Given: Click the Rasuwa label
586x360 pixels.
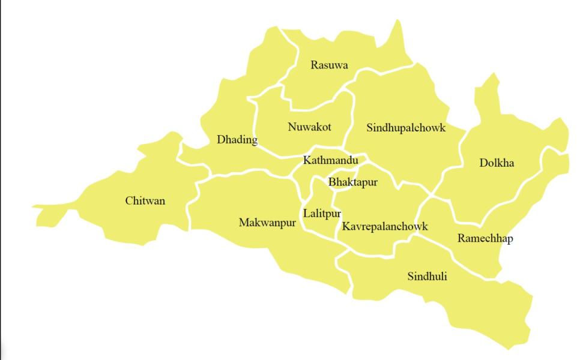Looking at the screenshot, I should [x=329, y=65].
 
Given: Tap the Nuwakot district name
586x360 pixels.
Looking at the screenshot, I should [x=309, y=127].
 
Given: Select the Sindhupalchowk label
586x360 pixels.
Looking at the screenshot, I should [x=406, y=128].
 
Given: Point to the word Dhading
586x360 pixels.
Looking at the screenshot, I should [x=237, y=140].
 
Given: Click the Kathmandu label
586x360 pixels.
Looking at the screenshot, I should [x=330, y=160].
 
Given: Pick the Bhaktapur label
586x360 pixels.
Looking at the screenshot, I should [x=353, y=182].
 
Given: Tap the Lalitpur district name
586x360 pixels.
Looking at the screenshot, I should [x=322, y=214].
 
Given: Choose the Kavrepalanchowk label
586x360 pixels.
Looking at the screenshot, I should [x=385, y=226].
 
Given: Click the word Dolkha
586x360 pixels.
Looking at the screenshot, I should [x=497, y=163].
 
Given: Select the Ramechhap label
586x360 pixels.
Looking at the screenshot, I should [x=485, y=238].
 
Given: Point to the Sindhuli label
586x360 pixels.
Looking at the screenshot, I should [x=427, y=276].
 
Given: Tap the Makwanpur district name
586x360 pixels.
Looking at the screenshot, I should [x=268, y=223].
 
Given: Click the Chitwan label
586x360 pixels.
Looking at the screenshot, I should [x=145, y=200].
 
